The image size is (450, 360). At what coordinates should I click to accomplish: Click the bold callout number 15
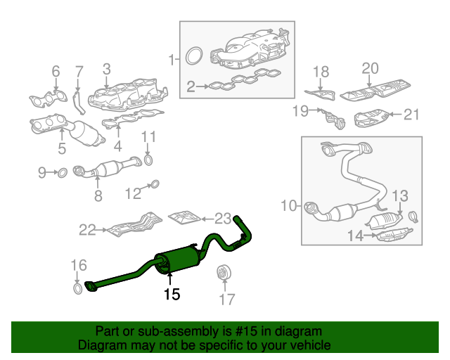point(172,295)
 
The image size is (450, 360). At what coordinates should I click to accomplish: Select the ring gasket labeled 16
point(77,288)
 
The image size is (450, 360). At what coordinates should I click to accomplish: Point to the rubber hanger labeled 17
point(224,271)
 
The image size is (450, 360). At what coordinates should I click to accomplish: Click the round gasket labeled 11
point(148,160)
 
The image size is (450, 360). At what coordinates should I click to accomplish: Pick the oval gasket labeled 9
point(63,173)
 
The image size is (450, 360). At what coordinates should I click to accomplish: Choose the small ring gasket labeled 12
point(155,184)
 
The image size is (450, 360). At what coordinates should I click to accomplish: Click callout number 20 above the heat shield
point(371,69)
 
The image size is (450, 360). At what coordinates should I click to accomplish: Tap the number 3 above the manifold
point(106,70)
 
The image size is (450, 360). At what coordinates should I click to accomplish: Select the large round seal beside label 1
point(194,56)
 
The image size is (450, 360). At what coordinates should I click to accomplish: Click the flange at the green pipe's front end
point(90,286)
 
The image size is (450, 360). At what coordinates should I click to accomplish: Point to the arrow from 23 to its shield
point(208,219)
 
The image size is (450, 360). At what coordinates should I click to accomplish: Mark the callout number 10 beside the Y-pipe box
point(288,205)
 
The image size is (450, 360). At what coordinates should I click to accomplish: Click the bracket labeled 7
point(78,103)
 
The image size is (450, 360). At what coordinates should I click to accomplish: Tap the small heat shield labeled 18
point(321,94)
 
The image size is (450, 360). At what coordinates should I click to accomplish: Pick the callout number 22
point(87,230)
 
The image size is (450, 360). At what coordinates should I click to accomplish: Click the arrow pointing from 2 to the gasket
point(203,86)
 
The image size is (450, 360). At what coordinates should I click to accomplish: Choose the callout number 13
point(400,196)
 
